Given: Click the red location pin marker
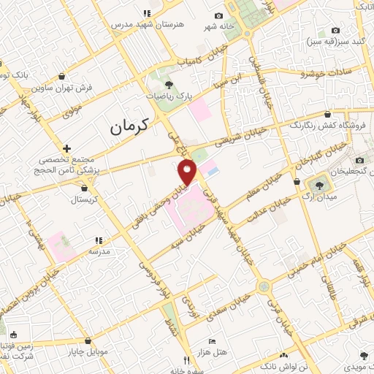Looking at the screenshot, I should click(x=188, y=172).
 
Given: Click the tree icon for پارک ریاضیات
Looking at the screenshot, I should click(x=169, y=85).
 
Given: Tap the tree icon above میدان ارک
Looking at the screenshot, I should click(x=318, y=182).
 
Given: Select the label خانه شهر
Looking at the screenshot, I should click(x=219, y=26).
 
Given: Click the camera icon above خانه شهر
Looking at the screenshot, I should click(x=219, y=16).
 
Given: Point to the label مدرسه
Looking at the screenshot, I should click(x=99, y=251).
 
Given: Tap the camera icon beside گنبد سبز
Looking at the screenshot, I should click(x=335, y=30).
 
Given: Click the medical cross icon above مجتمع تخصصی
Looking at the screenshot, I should click(x=66, y=148).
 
